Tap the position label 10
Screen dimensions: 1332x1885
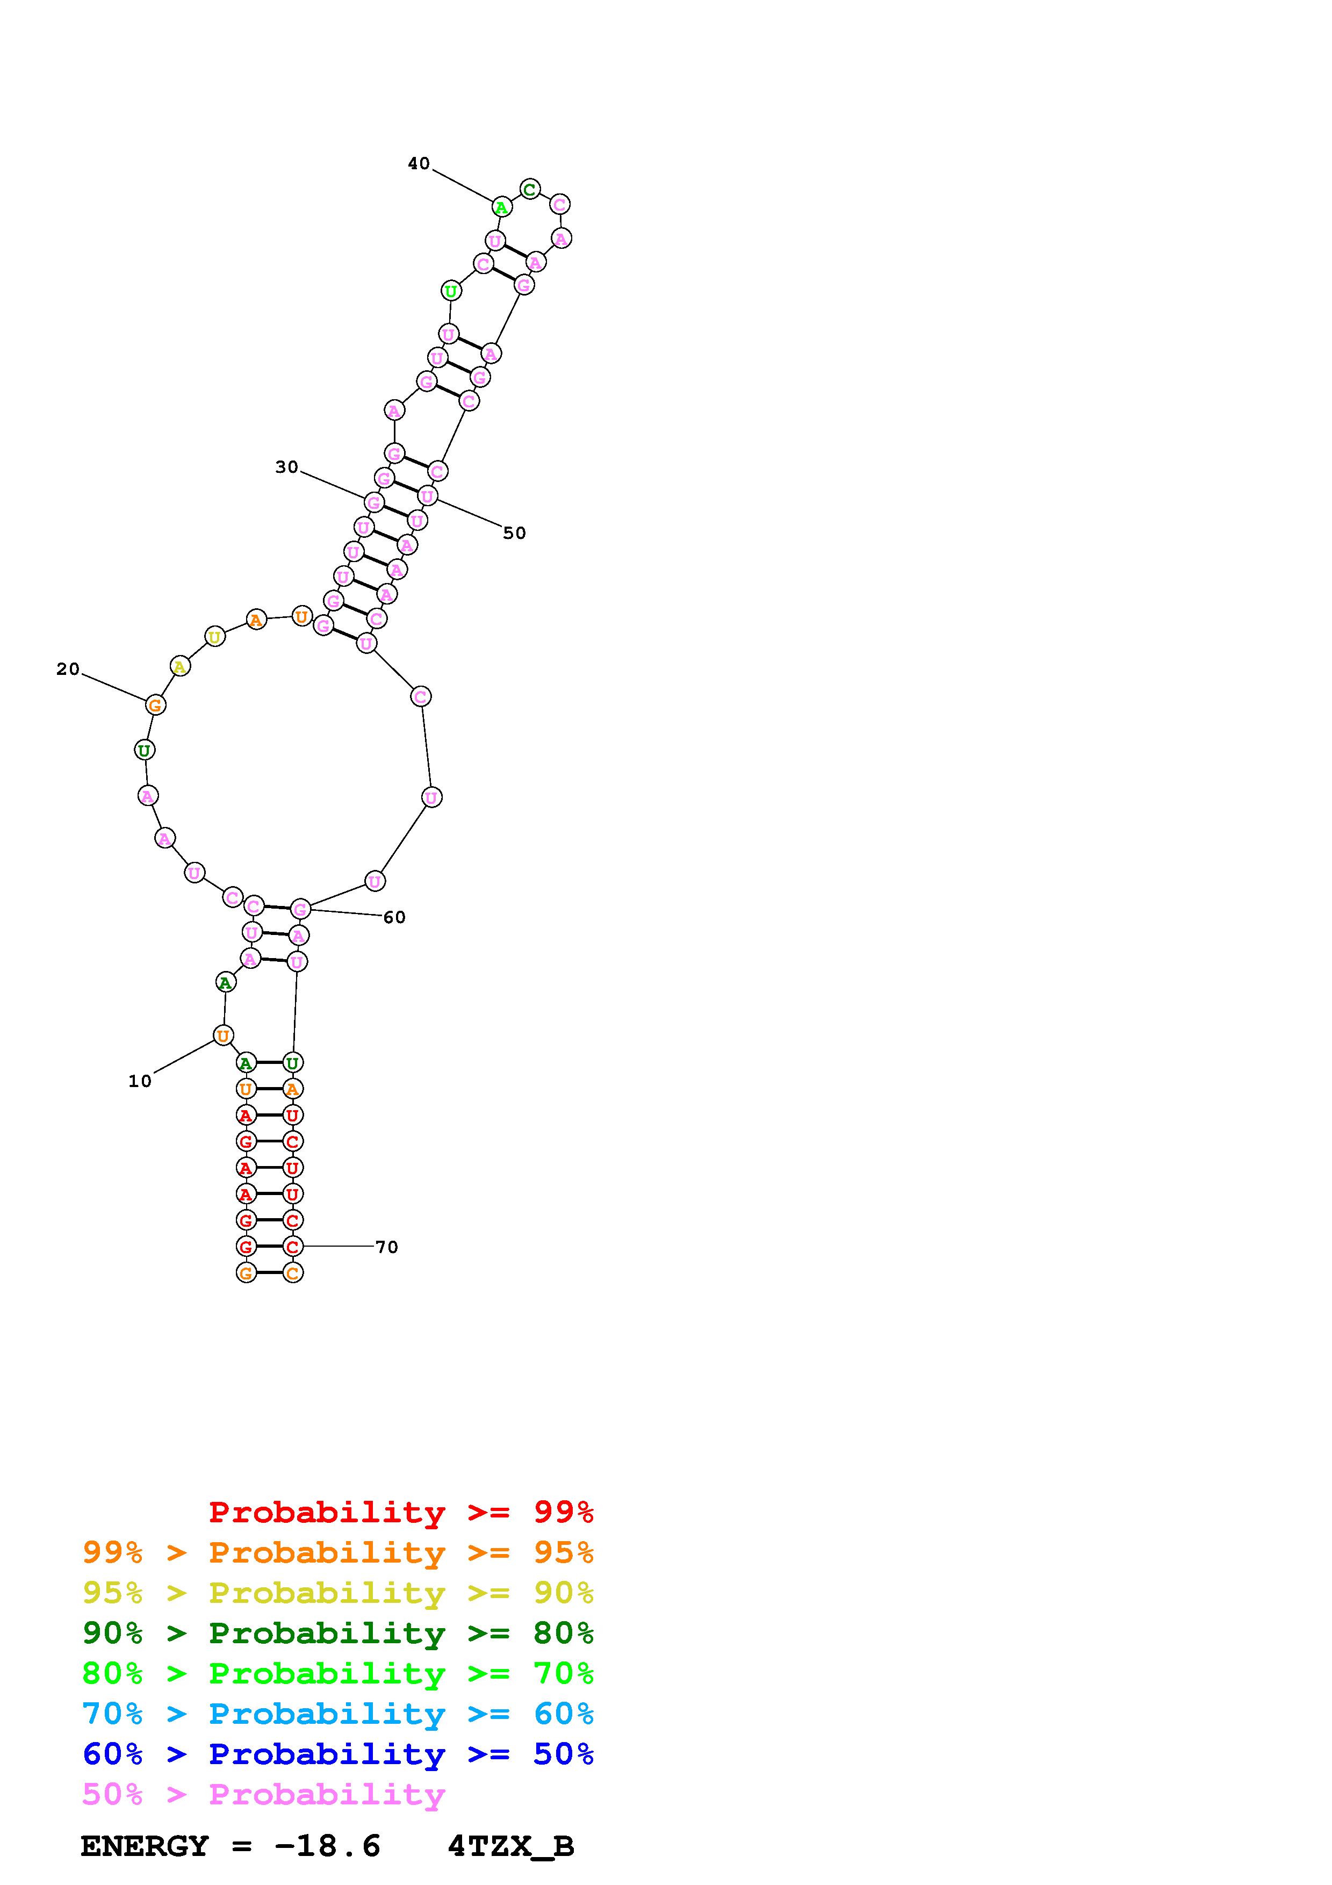[140, 1081]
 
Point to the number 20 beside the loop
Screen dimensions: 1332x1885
[68, 669]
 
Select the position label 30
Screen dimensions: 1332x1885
[286, 467]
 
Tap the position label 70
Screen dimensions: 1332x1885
[386, 1247]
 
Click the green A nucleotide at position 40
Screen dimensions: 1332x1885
[501, 207]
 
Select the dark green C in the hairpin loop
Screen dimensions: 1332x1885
[530, 190]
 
